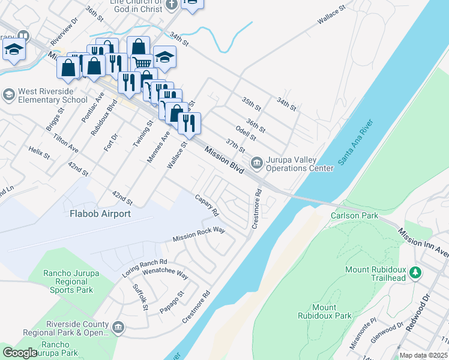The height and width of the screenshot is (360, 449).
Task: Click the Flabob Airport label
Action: coord(100,213)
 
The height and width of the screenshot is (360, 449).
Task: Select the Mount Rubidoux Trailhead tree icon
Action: coord(414,274)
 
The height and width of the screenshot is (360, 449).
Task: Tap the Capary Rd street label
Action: coord(206,205)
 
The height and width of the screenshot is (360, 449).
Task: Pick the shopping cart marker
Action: coord(142,61)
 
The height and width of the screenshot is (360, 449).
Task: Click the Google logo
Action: coord(20,353)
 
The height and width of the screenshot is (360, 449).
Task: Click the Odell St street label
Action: coord(246,133)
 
